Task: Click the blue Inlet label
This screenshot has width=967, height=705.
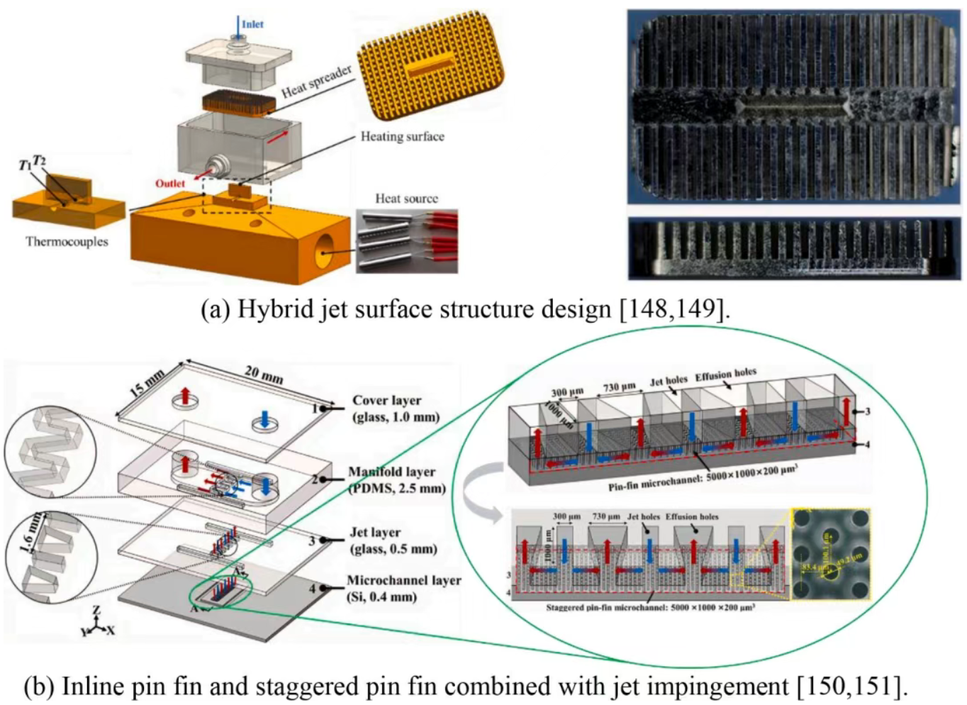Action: tap(252, 24)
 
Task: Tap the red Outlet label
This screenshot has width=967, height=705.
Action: tap(170, 184)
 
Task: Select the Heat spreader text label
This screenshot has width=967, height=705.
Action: tap(316, 82)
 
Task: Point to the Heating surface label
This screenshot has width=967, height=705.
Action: tap(402, 136)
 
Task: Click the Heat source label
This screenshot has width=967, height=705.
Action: tap(406, 199)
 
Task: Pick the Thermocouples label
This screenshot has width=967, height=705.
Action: tap(67, 242)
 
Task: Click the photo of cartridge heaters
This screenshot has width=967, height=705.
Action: tap(407, 241)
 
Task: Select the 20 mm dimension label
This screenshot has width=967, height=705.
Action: tap(264, 374)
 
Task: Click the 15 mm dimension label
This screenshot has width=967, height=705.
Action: tap(147, 383)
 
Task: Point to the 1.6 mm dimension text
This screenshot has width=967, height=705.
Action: tap(32, 533)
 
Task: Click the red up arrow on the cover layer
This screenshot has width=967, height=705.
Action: tap(185, 396)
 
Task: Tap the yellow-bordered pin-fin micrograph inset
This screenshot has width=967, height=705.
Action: tap(830, 554)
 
